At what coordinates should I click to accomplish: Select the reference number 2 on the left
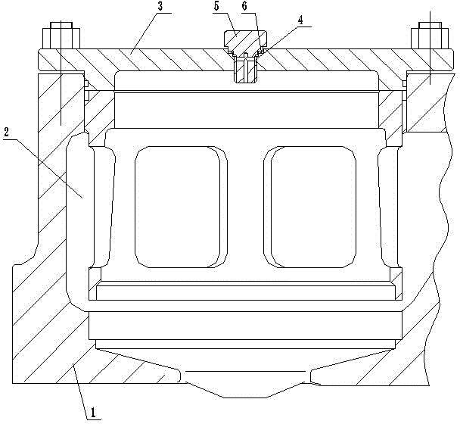tap(8, 131)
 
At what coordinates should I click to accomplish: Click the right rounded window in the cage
tap(312, 206)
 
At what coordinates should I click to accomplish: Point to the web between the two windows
tap(245, 206)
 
